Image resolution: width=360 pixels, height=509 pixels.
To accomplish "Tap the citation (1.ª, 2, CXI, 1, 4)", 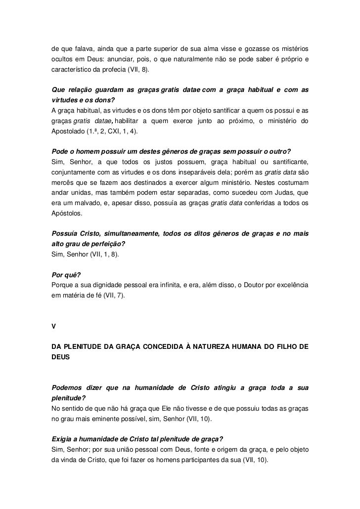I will click(113, 133).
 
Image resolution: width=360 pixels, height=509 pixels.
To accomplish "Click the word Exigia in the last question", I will click(63, 438).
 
